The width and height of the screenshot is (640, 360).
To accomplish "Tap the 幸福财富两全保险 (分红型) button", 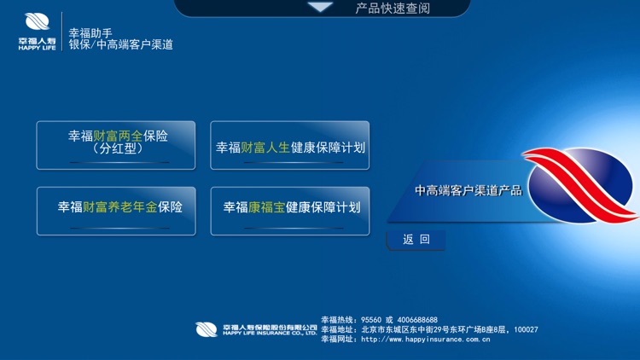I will pos(116,145).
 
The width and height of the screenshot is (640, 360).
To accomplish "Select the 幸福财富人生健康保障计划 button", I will pos(290,147).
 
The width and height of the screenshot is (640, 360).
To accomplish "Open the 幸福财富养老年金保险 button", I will pos(116,210).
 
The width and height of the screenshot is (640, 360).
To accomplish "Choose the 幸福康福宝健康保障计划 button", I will pos(290,210).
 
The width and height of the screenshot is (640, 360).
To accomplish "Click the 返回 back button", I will pos(416,240).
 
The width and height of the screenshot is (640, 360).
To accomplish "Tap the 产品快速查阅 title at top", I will pos(393,9).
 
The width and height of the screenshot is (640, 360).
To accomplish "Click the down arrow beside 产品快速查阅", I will pos(321,8).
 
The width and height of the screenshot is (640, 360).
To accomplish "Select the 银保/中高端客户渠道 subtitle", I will pos(120,45).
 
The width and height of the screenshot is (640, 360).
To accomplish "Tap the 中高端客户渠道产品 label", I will pos(468,190).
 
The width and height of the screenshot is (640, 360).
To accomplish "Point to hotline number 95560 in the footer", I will pos(373,320).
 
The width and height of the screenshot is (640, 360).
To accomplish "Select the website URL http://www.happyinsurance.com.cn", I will pos(425,339).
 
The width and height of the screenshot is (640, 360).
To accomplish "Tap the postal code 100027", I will pos(527,329).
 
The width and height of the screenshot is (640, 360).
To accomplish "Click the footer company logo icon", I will pos(207,329).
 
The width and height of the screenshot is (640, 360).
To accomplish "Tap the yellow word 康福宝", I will pos(266,207).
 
